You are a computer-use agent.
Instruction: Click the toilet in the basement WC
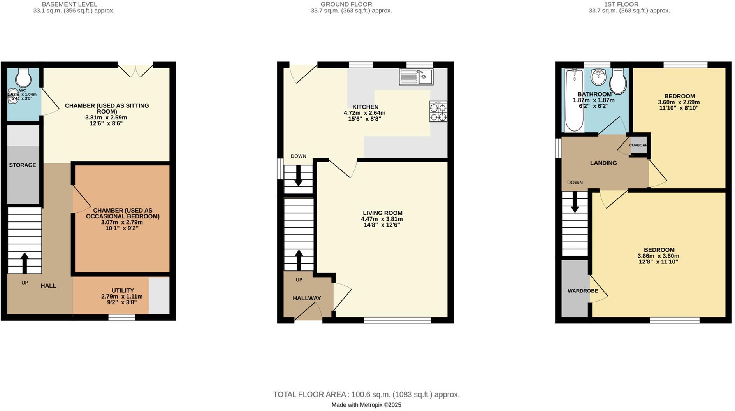pos(23,79)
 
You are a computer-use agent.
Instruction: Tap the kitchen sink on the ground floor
pos(416,77)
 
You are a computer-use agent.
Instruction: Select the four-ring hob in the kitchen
pos(438,112)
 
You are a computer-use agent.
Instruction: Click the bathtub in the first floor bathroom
pos(574,100)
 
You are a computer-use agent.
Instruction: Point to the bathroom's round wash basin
pos(598,77)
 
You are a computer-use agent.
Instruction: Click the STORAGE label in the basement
pos(23,165)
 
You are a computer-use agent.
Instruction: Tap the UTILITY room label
pos(123,290)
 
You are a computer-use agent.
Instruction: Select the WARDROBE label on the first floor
pos(582,291)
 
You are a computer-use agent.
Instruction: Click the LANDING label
pos(603,163)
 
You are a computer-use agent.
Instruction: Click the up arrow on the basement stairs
pos(25,263)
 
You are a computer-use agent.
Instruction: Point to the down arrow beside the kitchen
pos(298,176)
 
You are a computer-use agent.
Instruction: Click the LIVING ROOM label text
pos(382,213)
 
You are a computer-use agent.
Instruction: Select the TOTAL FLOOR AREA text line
pos(366,395)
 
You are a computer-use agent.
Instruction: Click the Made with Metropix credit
pos(366,405)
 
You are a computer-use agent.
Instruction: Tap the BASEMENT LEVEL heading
pos(69,4)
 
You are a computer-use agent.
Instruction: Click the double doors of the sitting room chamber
pos(135,70)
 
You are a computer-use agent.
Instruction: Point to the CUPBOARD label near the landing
pos(638,145)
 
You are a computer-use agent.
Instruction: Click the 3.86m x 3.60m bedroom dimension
pos(658,256)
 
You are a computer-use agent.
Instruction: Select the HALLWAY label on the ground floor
pos(307,298)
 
